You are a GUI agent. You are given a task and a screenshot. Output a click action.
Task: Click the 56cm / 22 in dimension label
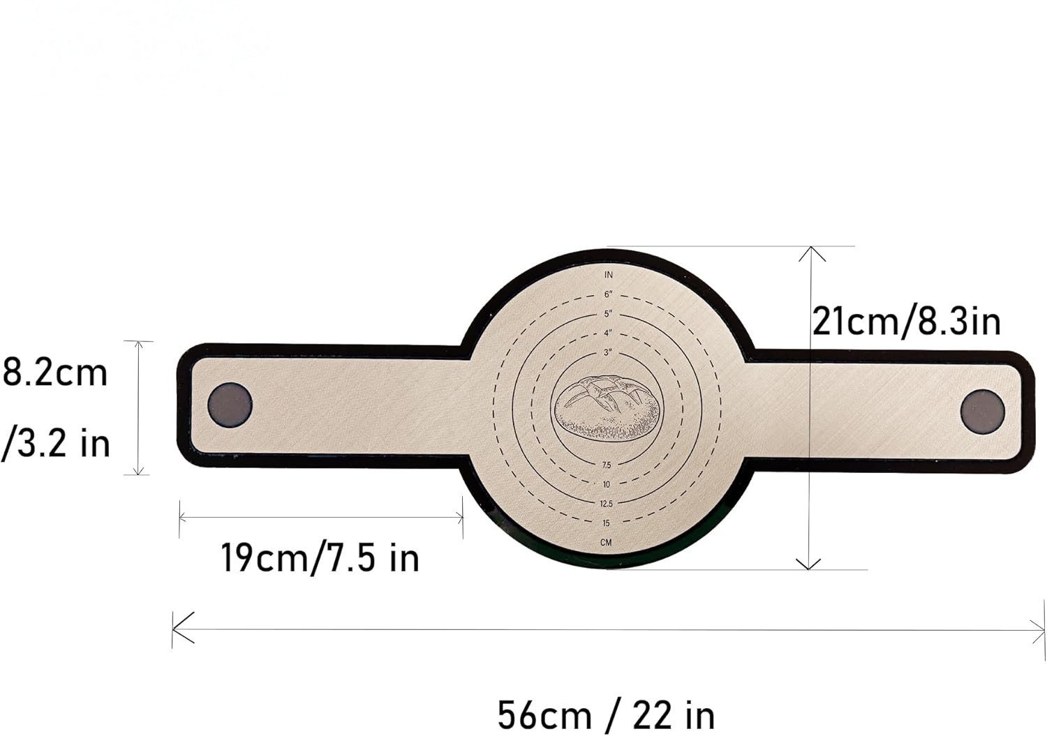(x=607, y=715)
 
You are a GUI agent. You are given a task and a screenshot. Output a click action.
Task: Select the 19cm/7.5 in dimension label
(x=320, y=557)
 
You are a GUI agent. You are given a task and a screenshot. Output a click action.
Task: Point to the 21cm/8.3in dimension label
(x=907, y=322)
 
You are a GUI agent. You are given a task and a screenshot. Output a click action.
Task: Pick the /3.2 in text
(x=55, y=444)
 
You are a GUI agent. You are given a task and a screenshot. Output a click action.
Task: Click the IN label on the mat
(x=608, y=275)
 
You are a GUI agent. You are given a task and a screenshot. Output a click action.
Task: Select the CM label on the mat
(x=607, y=543)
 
